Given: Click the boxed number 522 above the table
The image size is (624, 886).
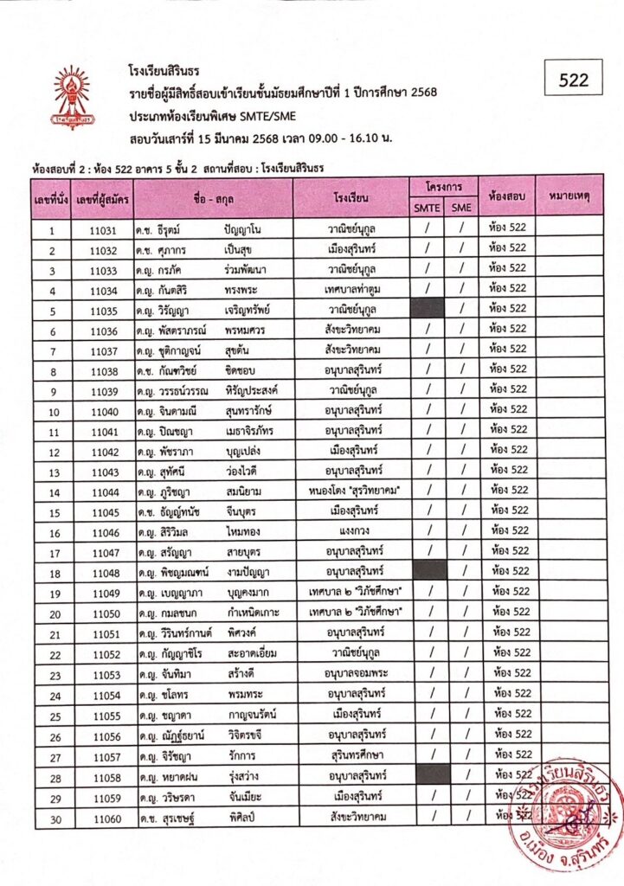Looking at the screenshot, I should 574,80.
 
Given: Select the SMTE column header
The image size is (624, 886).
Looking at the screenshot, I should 427,208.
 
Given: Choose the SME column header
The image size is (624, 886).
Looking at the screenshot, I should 462,208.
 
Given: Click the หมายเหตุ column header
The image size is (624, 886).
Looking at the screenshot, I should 569,196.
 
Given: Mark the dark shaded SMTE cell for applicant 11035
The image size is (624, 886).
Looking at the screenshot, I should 427,308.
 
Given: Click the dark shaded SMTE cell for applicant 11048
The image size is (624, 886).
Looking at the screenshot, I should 427,571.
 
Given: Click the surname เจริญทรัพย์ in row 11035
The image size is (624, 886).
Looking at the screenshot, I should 252,308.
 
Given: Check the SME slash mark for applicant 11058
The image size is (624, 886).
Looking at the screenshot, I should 462,774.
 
